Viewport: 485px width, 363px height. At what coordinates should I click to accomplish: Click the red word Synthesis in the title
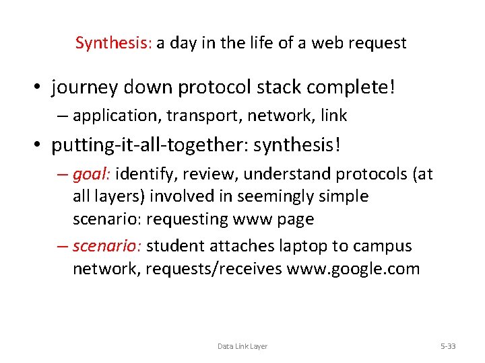tap(113, 44)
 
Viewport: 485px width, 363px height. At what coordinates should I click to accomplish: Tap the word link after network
tap(334, 116)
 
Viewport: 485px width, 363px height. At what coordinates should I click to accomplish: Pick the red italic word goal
tap(91, 175)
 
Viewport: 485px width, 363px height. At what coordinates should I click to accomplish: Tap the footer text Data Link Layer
tap(242, 346)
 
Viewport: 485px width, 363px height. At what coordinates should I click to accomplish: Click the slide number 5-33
tap(447, 346)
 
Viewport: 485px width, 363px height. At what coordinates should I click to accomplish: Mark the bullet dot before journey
tap(41, 88)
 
